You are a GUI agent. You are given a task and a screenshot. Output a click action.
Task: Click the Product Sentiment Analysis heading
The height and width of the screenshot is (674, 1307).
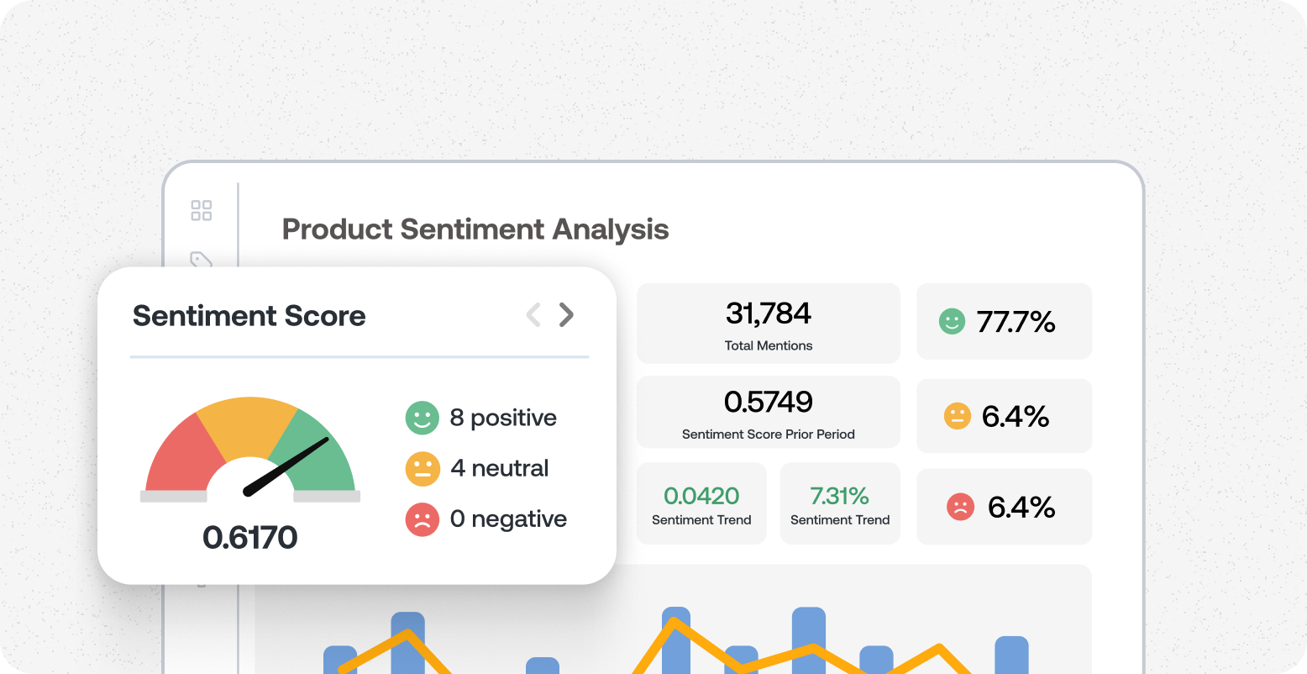(x=475, y=229)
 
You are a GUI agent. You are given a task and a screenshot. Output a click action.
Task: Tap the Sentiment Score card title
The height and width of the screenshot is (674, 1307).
(x=249, y=316)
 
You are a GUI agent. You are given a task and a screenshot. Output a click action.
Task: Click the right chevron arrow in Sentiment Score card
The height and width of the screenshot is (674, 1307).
(x=567, y=315)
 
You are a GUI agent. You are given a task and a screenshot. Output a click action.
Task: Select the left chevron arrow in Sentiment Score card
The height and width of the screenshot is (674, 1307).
(x=533, y=315)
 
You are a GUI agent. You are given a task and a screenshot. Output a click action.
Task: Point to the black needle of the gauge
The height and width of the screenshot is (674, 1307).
(x=286, y=466)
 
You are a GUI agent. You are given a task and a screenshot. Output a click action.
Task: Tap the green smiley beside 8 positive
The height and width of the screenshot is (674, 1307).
(x=423, y=418)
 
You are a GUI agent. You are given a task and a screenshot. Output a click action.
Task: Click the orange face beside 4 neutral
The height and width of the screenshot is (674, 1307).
(x=423, y=469)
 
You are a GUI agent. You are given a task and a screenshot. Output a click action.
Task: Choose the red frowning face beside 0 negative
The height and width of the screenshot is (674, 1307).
(x=423, y=519)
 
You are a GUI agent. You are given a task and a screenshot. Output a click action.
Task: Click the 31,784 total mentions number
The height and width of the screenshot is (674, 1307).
(x=769, y=313)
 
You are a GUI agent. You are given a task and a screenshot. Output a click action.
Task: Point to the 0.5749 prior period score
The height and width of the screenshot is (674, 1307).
(x=769, y=403)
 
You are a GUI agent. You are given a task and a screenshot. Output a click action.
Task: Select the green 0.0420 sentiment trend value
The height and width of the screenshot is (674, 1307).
(x=701, y=496)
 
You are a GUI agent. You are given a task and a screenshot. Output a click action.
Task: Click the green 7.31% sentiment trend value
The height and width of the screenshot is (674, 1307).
(x=840, y=496)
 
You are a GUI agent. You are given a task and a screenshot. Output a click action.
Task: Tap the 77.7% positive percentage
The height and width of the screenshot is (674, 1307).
(x=1016, y=322)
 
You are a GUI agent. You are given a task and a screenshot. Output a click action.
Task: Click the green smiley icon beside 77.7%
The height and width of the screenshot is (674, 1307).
(x=952, y=322)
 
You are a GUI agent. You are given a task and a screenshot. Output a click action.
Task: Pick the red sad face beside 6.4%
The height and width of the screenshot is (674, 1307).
(x=960, y=507)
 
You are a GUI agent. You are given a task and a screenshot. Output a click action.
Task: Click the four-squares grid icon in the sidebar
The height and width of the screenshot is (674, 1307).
(x=202, y=210)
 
